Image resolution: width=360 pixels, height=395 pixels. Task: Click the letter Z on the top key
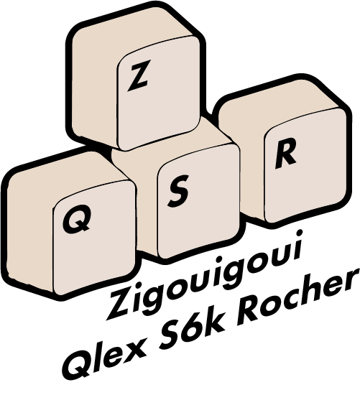click(138, 75)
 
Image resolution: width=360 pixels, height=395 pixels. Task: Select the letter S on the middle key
click(179, 191)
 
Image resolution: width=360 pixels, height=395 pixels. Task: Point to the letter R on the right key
click(285, 154)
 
